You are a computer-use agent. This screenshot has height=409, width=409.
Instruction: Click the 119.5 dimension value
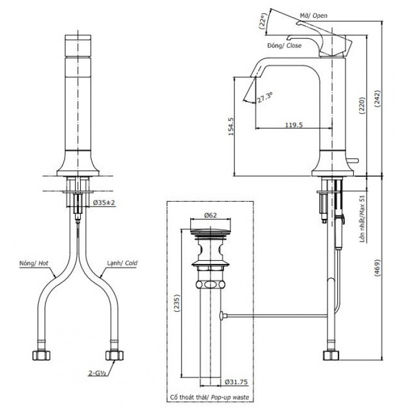[293, 125]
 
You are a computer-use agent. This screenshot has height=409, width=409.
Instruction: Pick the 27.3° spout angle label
[266, 97]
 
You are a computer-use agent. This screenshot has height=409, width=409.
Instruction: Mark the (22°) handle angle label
[264, 20]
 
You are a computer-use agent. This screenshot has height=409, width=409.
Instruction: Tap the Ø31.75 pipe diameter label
[235, 381]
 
